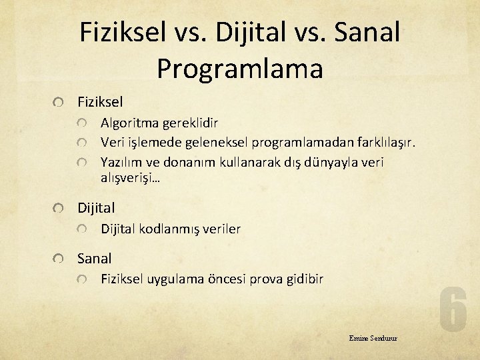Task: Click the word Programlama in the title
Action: (240, 68)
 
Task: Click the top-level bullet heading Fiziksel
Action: (100, 102)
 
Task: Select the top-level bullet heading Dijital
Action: (96, 208)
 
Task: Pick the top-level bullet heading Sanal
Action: (95, 258)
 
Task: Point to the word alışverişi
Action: (130, 178)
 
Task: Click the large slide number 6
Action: (453, 309)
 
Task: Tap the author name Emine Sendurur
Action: (373, 338)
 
